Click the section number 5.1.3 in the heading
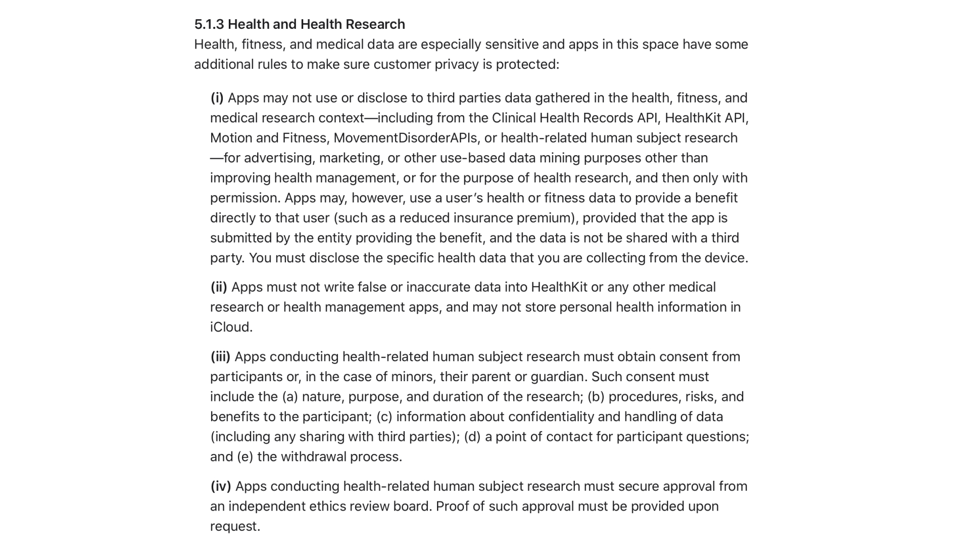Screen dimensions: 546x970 click(209, 24)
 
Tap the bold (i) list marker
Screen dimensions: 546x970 click(217, 98)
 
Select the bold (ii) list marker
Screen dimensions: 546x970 click(219, 287)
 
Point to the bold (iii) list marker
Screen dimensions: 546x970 click(220, 357)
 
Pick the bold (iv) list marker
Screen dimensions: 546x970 click(221, 486)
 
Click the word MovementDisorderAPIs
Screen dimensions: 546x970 click(405, 138)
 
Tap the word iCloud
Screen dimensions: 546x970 click(230, 327)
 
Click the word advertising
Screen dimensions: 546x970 click(279, 158)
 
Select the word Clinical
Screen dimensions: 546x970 click(513, 118)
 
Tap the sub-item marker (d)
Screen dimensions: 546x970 click(472, 437)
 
